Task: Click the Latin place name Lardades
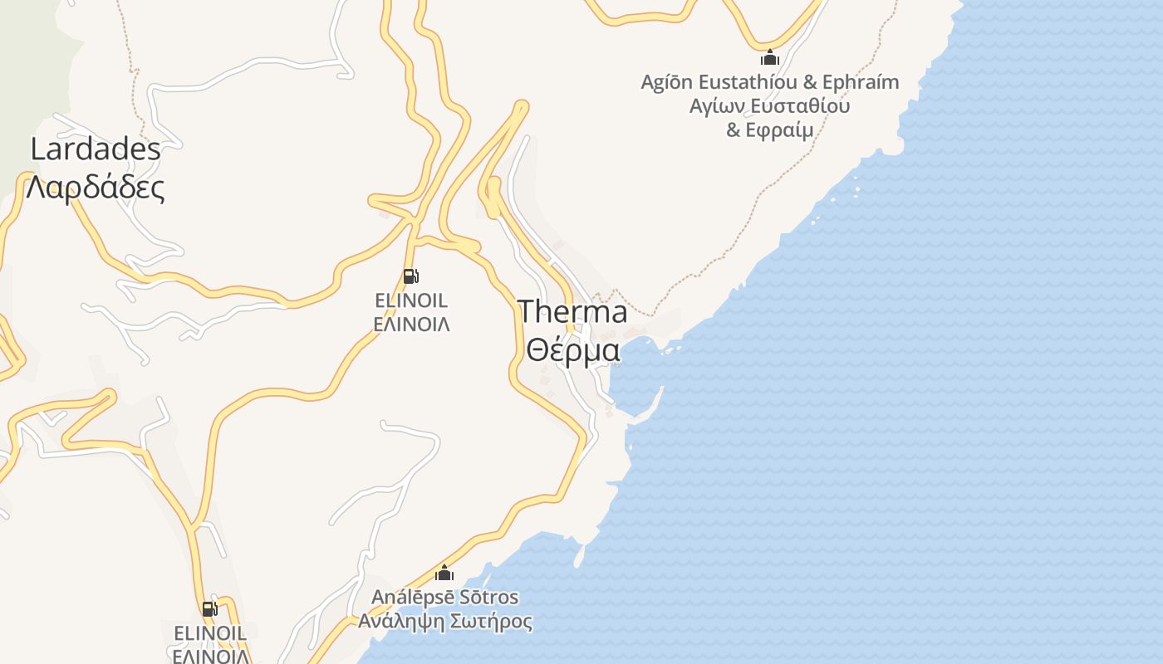coord(96,149)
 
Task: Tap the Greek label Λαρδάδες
coord(96,188)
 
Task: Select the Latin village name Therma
coord(573,312)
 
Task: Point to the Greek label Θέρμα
coord(573,350)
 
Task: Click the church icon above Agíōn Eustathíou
coord(770,58)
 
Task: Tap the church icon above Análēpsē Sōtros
coord(444,573)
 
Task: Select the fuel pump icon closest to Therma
coord(410,276)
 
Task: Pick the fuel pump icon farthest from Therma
coord(210,609)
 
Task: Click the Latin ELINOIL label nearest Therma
coord(411,300)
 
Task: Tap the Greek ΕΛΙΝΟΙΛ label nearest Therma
coord(411,325)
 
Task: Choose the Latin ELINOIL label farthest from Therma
coord(210,633)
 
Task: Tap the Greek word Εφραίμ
coord(781,130)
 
